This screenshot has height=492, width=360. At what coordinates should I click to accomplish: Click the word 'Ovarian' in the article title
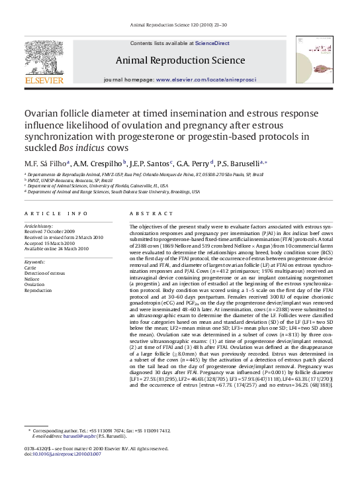(x=44, y=113)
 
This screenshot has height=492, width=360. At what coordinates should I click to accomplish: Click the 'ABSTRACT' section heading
(x=145, y=214)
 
